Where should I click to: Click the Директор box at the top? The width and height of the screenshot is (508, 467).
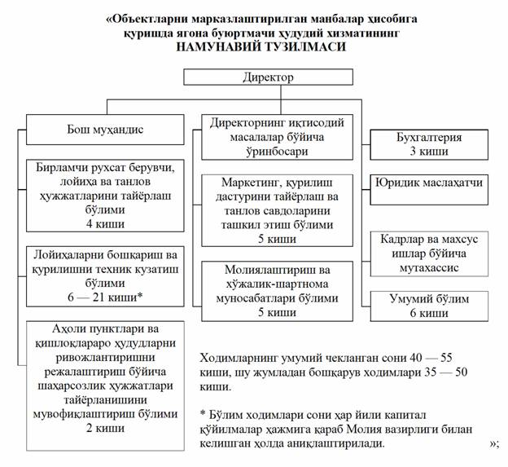pos(269,77)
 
